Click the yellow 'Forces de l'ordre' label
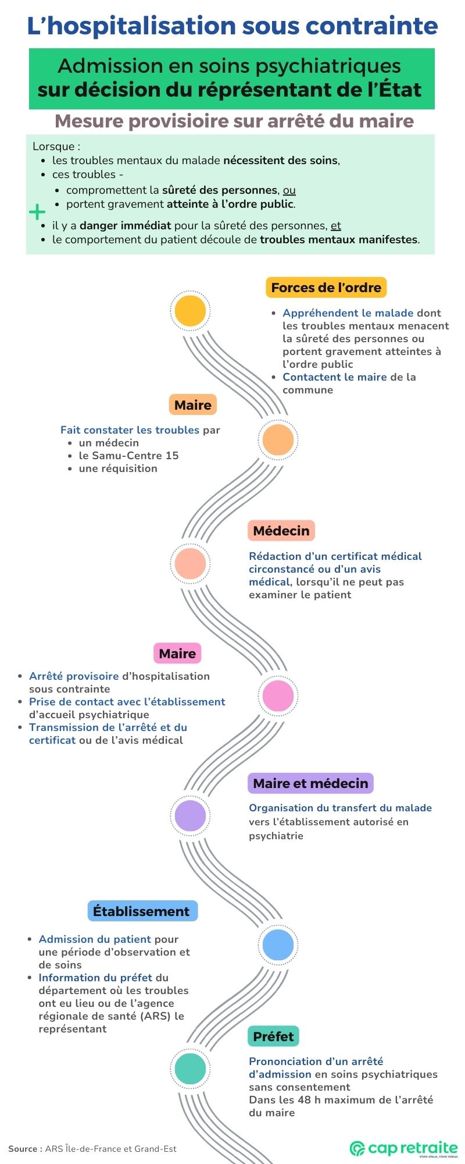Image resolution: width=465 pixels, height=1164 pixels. [x=325, y=288]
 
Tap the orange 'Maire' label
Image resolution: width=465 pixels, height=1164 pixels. [x=193, y=405]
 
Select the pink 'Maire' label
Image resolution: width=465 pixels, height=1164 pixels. [x=177, y=654]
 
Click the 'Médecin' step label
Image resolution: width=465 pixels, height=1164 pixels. [x=281, y=531]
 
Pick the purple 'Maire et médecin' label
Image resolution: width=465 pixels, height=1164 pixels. [x=310, y=783]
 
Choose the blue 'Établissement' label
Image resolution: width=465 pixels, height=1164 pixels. [x=142, y=911]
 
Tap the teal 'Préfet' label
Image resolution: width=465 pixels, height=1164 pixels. [x=273, y=1037]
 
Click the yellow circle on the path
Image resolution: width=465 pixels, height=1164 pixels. [x=190, y=311]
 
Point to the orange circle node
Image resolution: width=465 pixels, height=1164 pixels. [x=278, y=440]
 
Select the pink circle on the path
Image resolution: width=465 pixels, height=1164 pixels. [x=278, y=695]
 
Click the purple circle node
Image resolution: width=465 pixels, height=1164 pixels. [x=190, y=815]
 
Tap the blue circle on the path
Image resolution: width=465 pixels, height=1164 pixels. [x=278, y=945]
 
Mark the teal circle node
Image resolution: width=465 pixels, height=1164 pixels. [x=190, y=1069]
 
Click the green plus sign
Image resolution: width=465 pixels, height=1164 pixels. [x=37, y=211]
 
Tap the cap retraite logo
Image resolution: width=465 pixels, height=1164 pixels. [x=404, y=1148]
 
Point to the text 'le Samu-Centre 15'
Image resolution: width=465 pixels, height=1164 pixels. [x=128, y=456]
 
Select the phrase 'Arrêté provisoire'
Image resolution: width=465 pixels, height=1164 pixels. [x=74, y=676]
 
